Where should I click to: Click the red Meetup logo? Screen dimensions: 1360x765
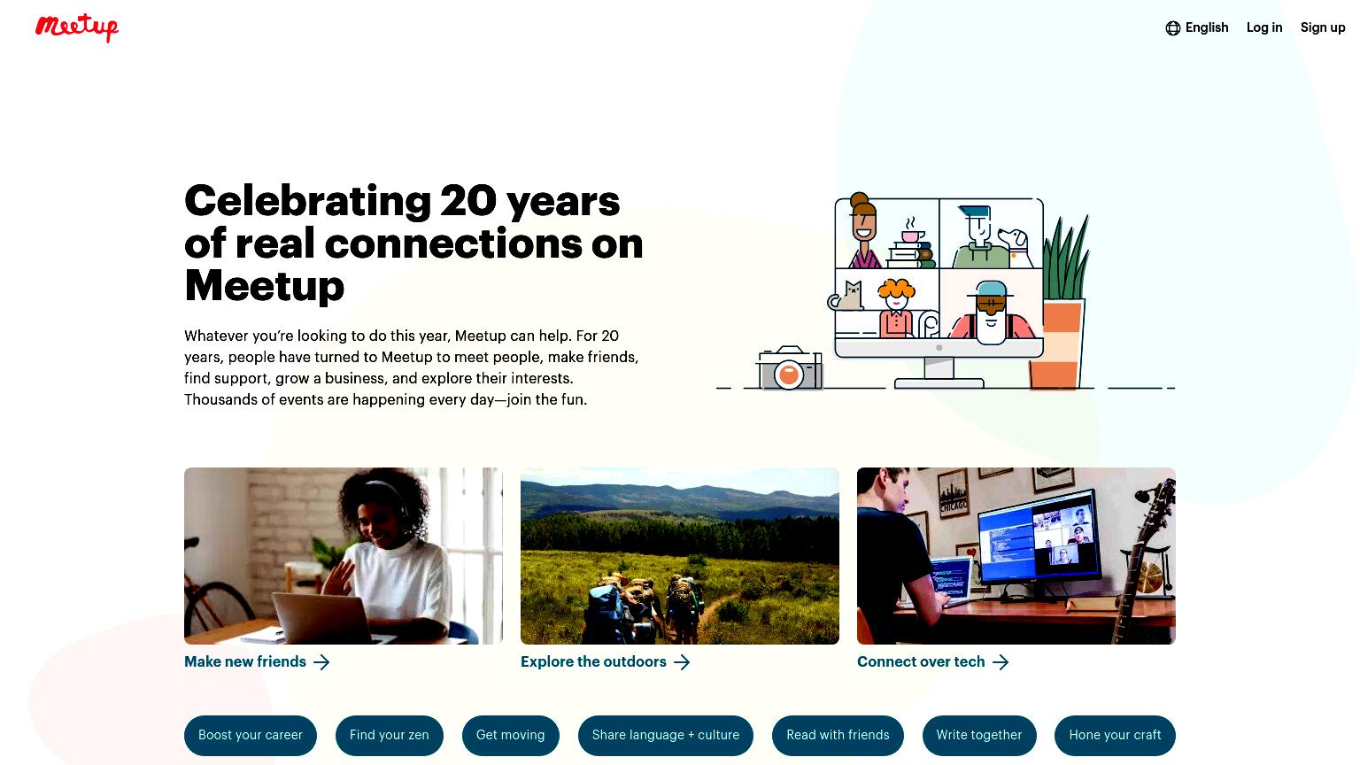click(76, 27)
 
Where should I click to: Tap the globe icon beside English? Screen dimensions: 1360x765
click(1172, 28)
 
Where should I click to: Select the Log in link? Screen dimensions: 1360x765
click(1264, 27)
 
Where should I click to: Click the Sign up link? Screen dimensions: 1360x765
click(1322, 28)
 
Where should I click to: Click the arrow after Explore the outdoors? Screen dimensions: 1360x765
click(682, 661)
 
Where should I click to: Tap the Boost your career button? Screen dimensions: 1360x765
click(251, 735)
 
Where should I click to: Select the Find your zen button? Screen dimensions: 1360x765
click(390, 735)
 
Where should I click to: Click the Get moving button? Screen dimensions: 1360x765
click(511, 735)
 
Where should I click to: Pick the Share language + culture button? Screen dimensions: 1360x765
click(666, 735)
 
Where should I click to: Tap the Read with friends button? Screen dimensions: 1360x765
click(838, 735)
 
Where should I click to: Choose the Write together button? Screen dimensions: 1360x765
click(979, 735)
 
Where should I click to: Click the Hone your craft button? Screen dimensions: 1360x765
click(1115, 735)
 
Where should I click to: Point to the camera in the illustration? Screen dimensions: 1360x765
click(789, 368)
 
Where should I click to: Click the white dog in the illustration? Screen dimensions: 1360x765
click(1016, 247)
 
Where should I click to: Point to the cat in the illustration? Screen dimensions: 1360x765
click(847, 296)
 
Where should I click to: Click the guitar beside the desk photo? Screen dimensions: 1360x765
click(1144, 559)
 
